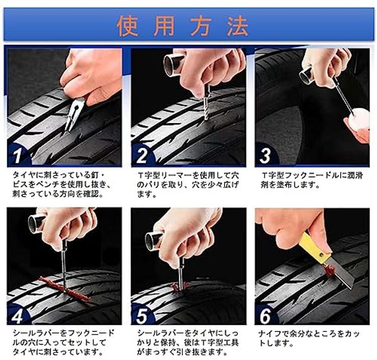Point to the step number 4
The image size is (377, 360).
[x=18, y=316]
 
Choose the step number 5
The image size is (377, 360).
[x=142, y=316]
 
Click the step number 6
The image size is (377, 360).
[x=265, y=316]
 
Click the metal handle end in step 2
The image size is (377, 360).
[x=173, y=65]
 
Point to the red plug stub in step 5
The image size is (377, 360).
[x=179, y=287]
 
